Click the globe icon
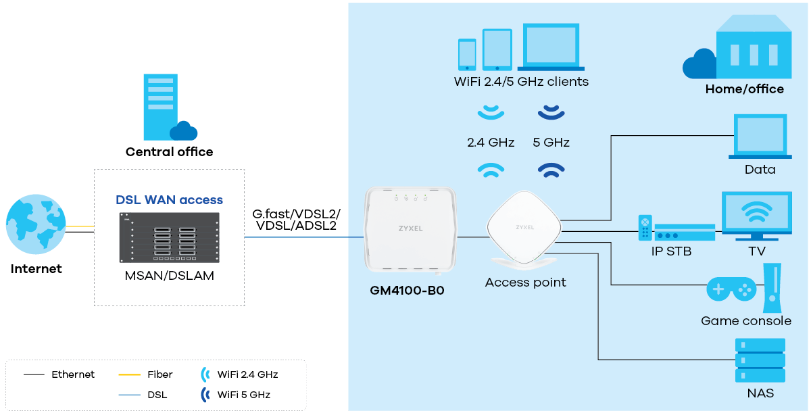(36, 224)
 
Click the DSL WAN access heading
(169, 200)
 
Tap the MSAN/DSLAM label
(169, 276)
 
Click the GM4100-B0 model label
(407, 291)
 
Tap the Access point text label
(525, 283)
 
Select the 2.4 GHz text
(491, 143)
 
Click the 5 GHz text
(551, 143)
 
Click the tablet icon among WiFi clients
(497, 49)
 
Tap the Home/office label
(744, 89)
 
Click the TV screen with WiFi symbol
(756, 214)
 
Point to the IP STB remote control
(645, 227)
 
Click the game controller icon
(731, 289)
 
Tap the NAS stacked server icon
(760, 360)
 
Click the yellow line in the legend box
(129, 374)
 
